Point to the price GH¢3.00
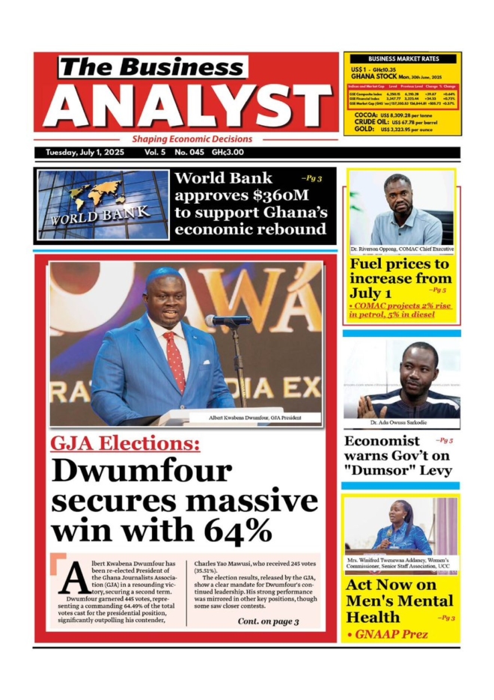[x=228, y=152]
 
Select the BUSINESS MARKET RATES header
[x=403, y=58]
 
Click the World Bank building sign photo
[x=103, y=204]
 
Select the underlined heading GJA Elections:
[x=125, y=444]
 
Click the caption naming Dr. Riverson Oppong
[x=401, y=249]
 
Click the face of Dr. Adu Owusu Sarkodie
[x=418, y=368]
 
